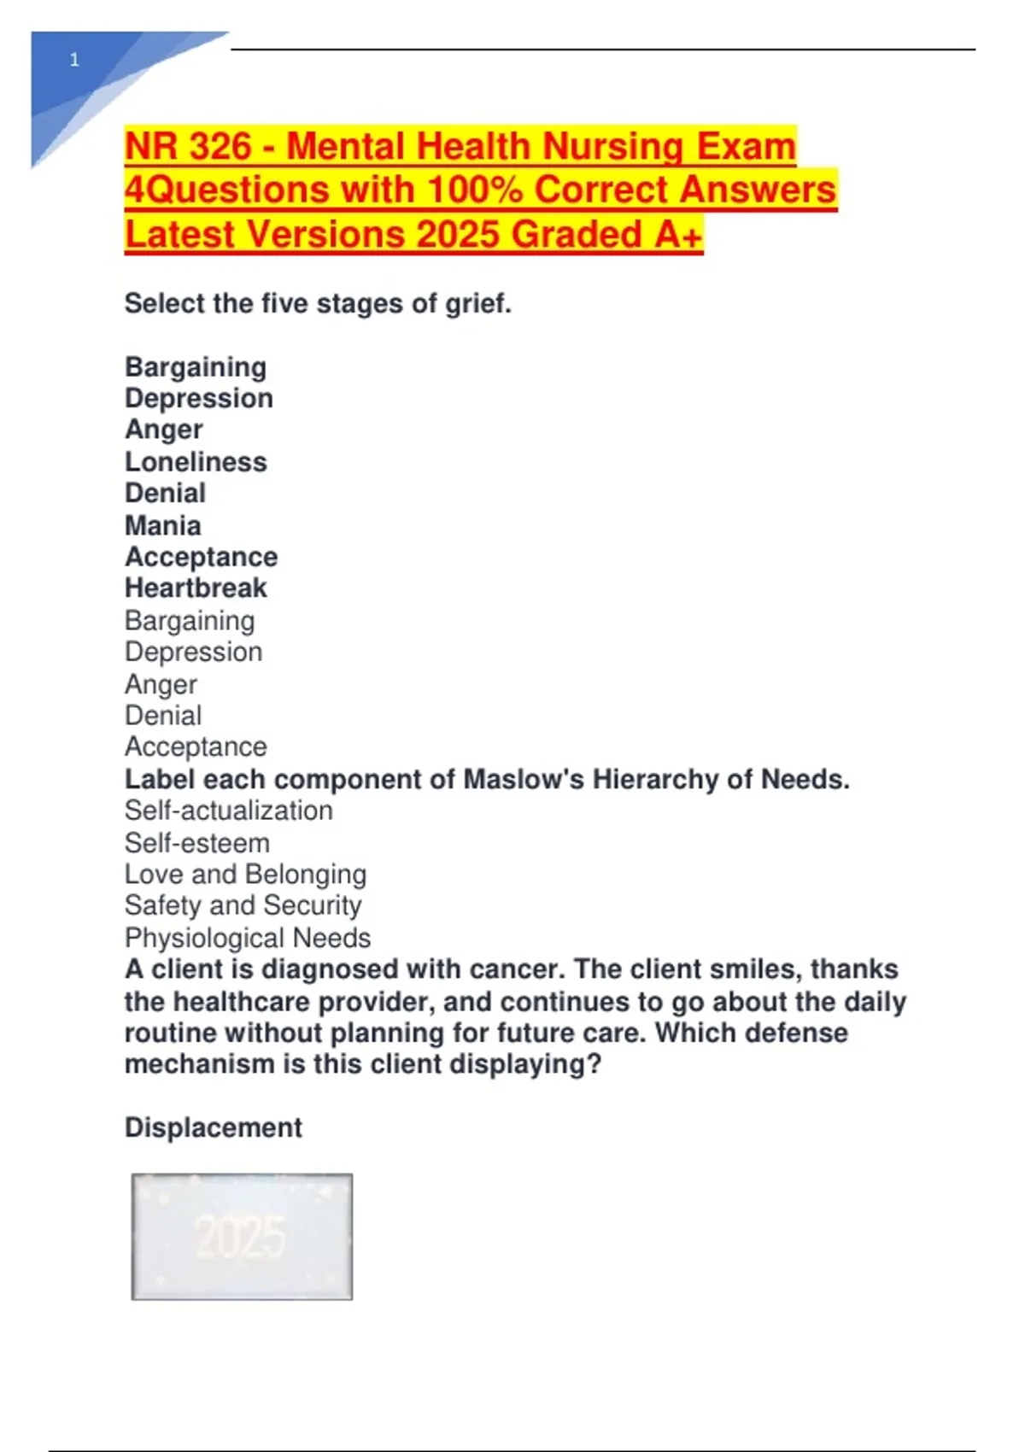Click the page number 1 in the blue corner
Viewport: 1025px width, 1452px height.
pos(74,60)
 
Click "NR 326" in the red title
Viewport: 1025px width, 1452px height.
pos(188,146)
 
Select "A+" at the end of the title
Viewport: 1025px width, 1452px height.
pos(678,234)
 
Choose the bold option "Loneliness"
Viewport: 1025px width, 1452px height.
pos(196,462)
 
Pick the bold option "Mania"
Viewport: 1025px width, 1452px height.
pos(163,525)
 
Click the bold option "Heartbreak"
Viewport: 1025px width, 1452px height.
pos(196,588)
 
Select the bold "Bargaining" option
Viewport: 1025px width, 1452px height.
pos(196,367)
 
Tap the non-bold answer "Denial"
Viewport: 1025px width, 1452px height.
pos(163,715)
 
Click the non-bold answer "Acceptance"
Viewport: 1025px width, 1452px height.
pos(196,746)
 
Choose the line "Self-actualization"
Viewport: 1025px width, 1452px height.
pos(229,811)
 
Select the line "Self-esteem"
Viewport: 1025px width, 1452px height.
pos(197,843)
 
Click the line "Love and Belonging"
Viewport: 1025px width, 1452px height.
pos(246,874)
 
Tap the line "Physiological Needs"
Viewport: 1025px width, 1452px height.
pos(248,938)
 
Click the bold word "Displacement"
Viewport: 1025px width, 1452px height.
pos(214,1127)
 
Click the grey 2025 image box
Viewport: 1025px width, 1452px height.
pos(242,1237)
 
